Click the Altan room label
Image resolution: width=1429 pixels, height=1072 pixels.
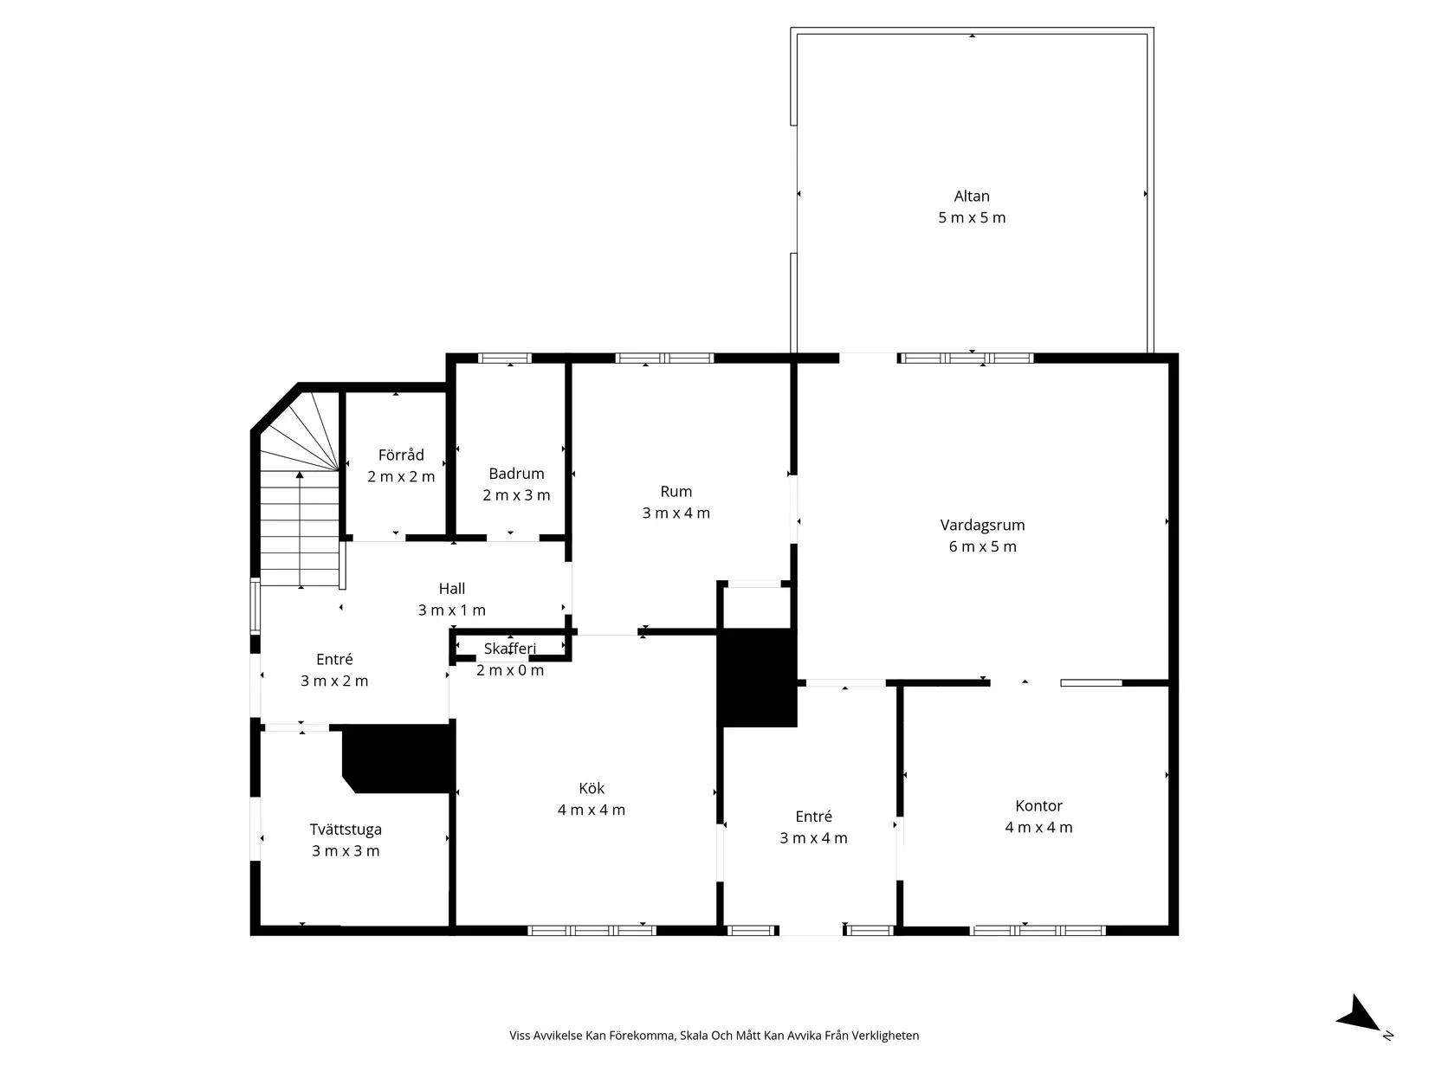pos(972,196)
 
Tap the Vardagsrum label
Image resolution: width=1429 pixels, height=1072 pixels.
pos(982,525)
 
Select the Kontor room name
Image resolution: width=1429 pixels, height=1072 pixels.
pos(1038,805)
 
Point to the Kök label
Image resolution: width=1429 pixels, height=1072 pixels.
pos(592,788)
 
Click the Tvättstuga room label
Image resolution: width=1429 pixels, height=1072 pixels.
pos(345,830)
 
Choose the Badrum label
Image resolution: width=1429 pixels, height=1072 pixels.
pos(516,473)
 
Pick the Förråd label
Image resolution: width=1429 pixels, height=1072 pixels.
pos(401,455)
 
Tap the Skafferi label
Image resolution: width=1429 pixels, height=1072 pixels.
pos(510,649)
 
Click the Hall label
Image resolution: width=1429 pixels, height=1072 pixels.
pos(452,589)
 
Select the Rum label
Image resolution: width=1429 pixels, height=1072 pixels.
pos(676,492)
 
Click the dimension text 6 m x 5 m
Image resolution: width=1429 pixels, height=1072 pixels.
pos(982,546)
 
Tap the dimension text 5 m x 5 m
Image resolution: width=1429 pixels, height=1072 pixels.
pos(972,217)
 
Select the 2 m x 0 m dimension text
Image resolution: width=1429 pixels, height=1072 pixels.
pos(510,670)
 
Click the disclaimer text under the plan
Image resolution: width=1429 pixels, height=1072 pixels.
pos(714,1036)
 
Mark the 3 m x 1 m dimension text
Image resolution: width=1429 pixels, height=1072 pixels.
pos(452,610)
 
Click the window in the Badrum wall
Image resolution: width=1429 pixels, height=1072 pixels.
pos(505,358)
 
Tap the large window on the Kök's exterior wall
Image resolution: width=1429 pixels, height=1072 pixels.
pos(592,931)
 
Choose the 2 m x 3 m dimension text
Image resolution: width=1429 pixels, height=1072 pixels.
pos(516,495)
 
